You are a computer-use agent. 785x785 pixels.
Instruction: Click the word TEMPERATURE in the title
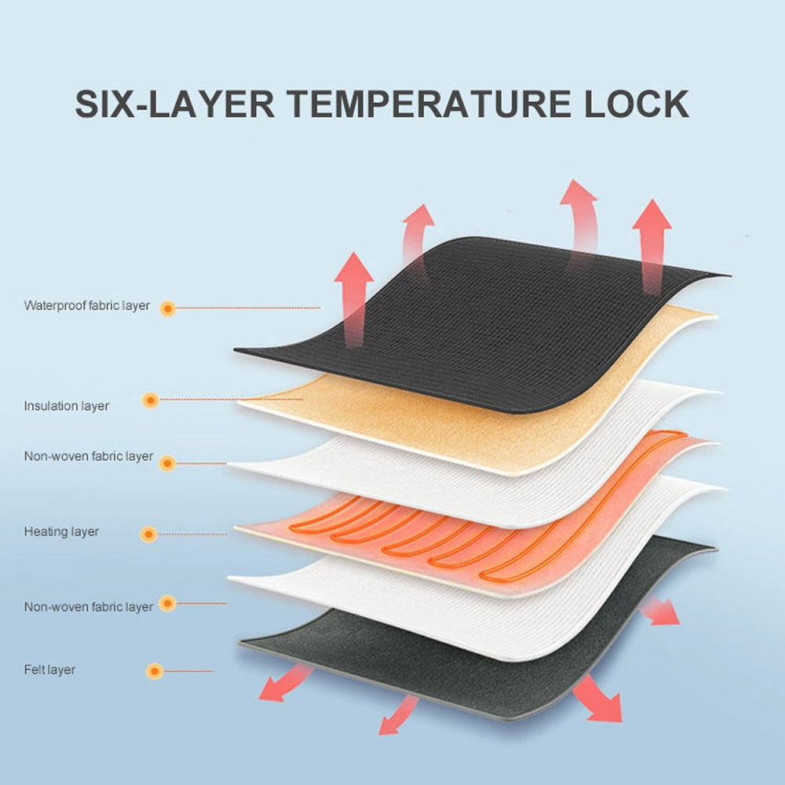428,104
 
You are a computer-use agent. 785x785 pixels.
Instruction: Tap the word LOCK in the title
637,104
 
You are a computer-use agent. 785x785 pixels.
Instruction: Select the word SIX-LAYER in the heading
174,104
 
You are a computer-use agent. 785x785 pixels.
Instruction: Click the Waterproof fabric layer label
86,305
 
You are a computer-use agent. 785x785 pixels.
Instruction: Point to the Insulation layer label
66,406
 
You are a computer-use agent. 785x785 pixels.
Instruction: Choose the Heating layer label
61,531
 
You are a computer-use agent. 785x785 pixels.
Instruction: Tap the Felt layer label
49,670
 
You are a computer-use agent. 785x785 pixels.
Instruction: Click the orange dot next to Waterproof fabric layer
168,309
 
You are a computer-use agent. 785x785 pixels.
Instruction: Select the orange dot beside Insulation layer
150,400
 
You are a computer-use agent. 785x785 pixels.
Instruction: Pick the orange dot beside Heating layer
148,534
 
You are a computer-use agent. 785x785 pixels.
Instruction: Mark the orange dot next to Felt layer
155,671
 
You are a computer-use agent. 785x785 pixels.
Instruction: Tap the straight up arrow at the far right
652,245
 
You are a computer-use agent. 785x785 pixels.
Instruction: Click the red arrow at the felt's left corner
284,684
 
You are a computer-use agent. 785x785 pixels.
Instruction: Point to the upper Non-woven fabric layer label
89,456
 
